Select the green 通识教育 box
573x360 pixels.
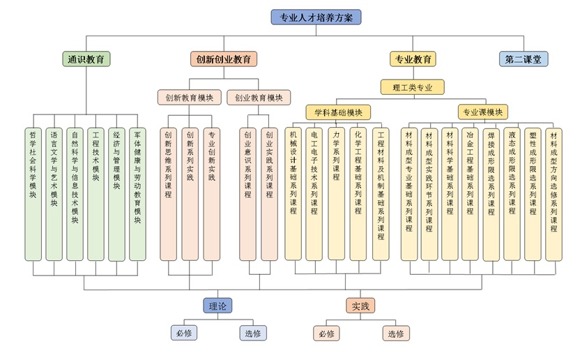click(x=86, y=59)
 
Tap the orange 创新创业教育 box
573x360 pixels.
click(x=223, y=59)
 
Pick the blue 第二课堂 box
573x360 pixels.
click(x=524, y=59)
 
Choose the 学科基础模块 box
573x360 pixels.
click(x=337, y=112)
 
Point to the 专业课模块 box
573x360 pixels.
click(x=482, y=112)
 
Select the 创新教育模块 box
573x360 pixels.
click(x=189, y=97)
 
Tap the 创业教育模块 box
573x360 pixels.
click(x=259, y=97)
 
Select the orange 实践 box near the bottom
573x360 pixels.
click(x=359, y=306)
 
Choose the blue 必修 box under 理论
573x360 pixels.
click(x=184, y=333)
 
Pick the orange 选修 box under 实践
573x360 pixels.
click(x=395, y=333)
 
